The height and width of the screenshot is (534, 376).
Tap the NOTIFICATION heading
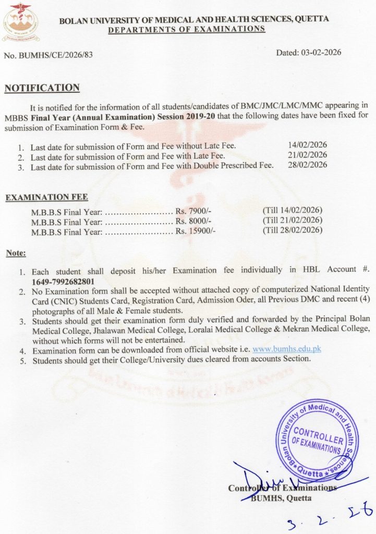[x=42, y=88]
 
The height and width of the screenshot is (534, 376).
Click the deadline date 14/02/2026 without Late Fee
[x=308, y=145]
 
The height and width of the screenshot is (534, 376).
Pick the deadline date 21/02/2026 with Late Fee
[x=308, y=155]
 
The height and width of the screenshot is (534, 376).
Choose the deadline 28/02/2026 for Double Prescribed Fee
[x=308, y=165]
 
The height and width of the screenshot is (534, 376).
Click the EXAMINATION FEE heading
[x=46, y=197]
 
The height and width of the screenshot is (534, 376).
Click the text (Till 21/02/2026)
[x=293, y=220]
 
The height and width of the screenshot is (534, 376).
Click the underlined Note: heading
[x=16, y=253]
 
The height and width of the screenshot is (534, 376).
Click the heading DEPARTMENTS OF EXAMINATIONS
[x=186, y=29]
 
